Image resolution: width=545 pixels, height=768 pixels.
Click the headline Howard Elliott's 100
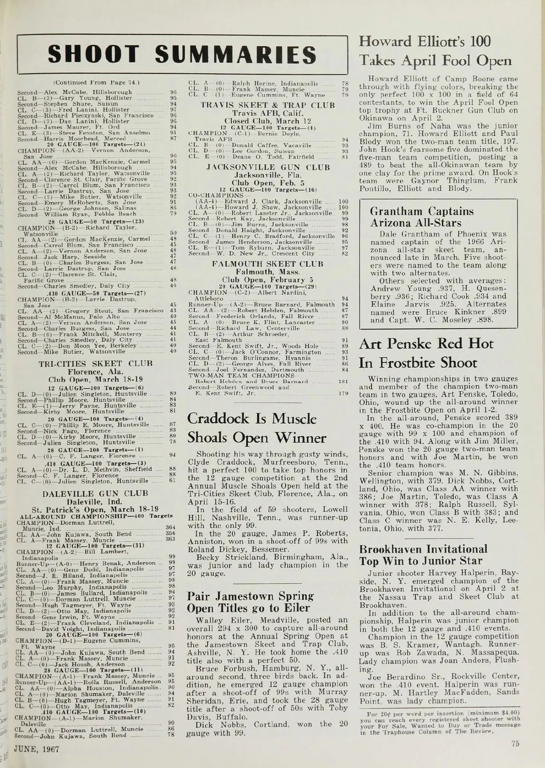[425, 42]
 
